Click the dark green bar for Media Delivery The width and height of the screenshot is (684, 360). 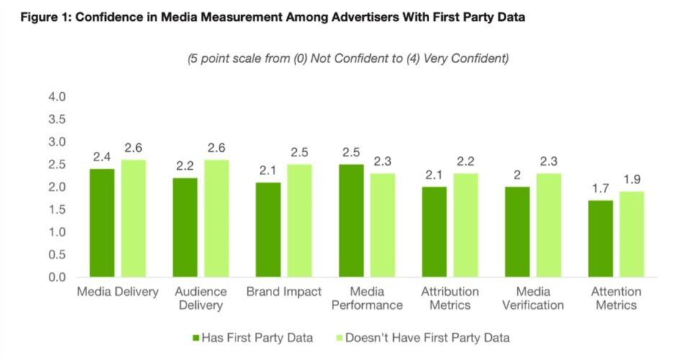coord(102,223)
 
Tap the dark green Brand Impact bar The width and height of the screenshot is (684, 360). coord(268,230)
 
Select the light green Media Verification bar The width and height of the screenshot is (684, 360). coord(549,225)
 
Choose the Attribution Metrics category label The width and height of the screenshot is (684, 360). coord(451,298)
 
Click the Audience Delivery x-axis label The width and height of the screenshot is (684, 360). coord(201,298)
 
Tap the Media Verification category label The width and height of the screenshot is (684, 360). coord(534,298)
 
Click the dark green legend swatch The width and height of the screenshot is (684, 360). coord(194,338)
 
